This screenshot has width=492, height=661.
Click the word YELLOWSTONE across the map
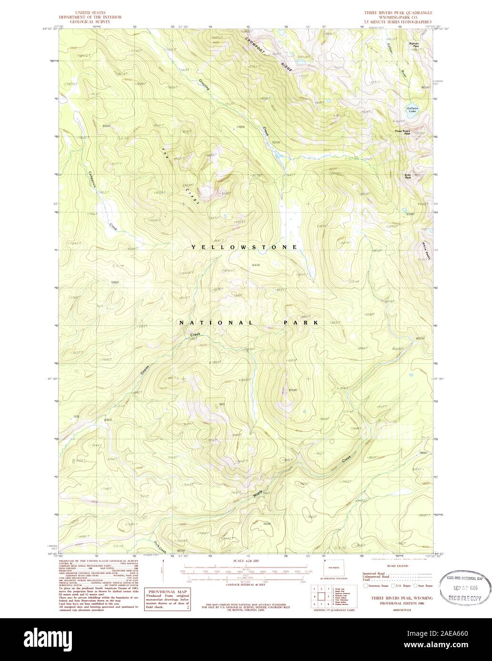[x=244, y=247]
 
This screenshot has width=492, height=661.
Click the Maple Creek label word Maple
[x=258, y=495]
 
